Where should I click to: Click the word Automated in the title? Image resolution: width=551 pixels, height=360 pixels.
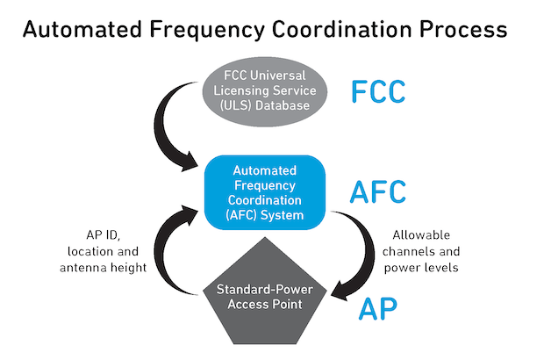click(x=82, y=29)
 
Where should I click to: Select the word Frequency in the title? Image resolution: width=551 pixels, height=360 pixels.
click(x=207, y=31)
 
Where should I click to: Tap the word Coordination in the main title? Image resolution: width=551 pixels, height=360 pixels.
click(x=342, y=29)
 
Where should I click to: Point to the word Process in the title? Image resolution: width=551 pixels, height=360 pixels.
click(x=463, y=29)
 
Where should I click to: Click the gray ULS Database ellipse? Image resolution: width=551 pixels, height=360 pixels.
click(x=265, y=92)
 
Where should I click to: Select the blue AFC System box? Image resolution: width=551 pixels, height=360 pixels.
click(x=265, y=192)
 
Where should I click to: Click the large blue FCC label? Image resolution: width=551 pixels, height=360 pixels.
click(x=378, y=91)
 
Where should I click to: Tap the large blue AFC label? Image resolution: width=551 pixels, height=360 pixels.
click(x=378, y=191)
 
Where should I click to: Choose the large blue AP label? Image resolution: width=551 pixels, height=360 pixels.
click(x=378, y=309)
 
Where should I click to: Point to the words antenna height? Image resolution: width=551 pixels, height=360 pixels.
click(x=103, y=268)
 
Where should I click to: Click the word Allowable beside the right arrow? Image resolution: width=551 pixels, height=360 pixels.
click(x=421, y=234)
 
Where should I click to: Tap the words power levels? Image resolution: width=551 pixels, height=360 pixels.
click(x=421, y=268)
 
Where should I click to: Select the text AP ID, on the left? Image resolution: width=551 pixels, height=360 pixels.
click(x=103, y=234)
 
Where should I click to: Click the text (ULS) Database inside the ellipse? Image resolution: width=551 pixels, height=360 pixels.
click(x=265, y=105)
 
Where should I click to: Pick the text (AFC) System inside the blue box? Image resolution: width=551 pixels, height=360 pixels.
click(x=265, y=215)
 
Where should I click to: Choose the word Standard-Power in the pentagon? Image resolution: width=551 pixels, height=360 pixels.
click(x=265, y=290)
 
